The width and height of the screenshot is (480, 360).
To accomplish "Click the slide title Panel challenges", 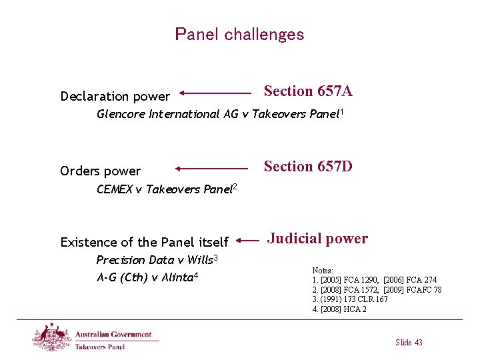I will pos(239,34).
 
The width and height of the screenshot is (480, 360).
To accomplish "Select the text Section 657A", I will pos(308,91).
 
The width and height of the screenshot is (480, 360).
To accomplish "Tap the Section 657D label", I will pos(308,166).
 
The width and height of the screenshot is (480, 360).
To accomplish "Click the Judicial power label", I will pos(317,238).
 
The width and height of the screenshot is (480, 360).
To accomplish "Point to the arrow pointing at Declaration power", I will pos(215,94).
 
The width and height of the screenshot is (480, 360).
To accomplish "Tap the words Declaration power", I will pos(115,96).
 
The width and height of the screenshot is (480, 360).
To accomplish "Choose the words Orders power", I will pos(100,171).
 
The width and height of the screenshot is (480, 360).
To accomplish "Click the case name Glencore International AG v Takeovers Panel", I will pos(220,114).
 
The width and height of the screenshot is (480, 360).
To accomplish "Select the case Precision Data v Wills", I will pos(157,259).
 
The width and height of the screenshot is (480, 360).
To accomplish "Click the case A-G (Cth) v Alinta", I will pos(148,277).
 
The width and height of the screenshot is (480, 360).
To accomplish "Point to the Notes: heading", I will pos(323,271).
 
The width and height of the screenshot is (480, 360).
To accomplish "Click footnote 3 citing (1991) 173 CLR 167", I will pos(350,299).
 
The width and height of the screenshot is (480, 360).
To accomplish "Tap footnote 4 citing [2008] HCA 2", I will pos(339,309).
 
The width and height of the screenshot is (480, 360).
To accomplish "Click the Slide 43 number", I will pos(409,342).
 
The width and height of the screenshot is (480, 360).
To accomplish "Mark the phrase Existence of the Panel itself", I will pos(144,242).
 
